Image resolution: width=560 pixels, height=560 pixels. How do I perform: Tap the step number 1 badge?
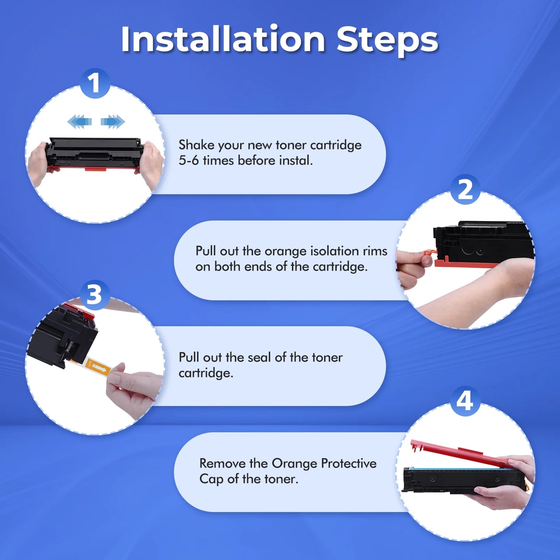tap(95, 83)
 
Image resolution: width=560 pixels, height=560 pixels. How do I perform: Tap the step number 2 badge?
tap(465, 190)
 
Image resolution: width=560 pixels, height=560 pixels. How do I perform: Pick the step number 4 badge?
tap(465, 401)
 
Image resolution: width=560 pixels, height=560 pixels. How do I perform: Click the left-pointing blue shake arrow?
tap(79, 121)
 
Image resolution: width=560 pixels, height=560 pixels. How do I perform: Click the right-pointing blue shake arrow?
tap(113, 121)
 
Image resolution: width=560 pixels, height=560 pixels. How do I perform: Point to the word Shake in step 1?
tap(197, 145)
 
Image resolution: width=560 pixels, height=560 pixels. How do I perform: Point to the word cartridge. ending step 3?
tap(206, 373)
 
